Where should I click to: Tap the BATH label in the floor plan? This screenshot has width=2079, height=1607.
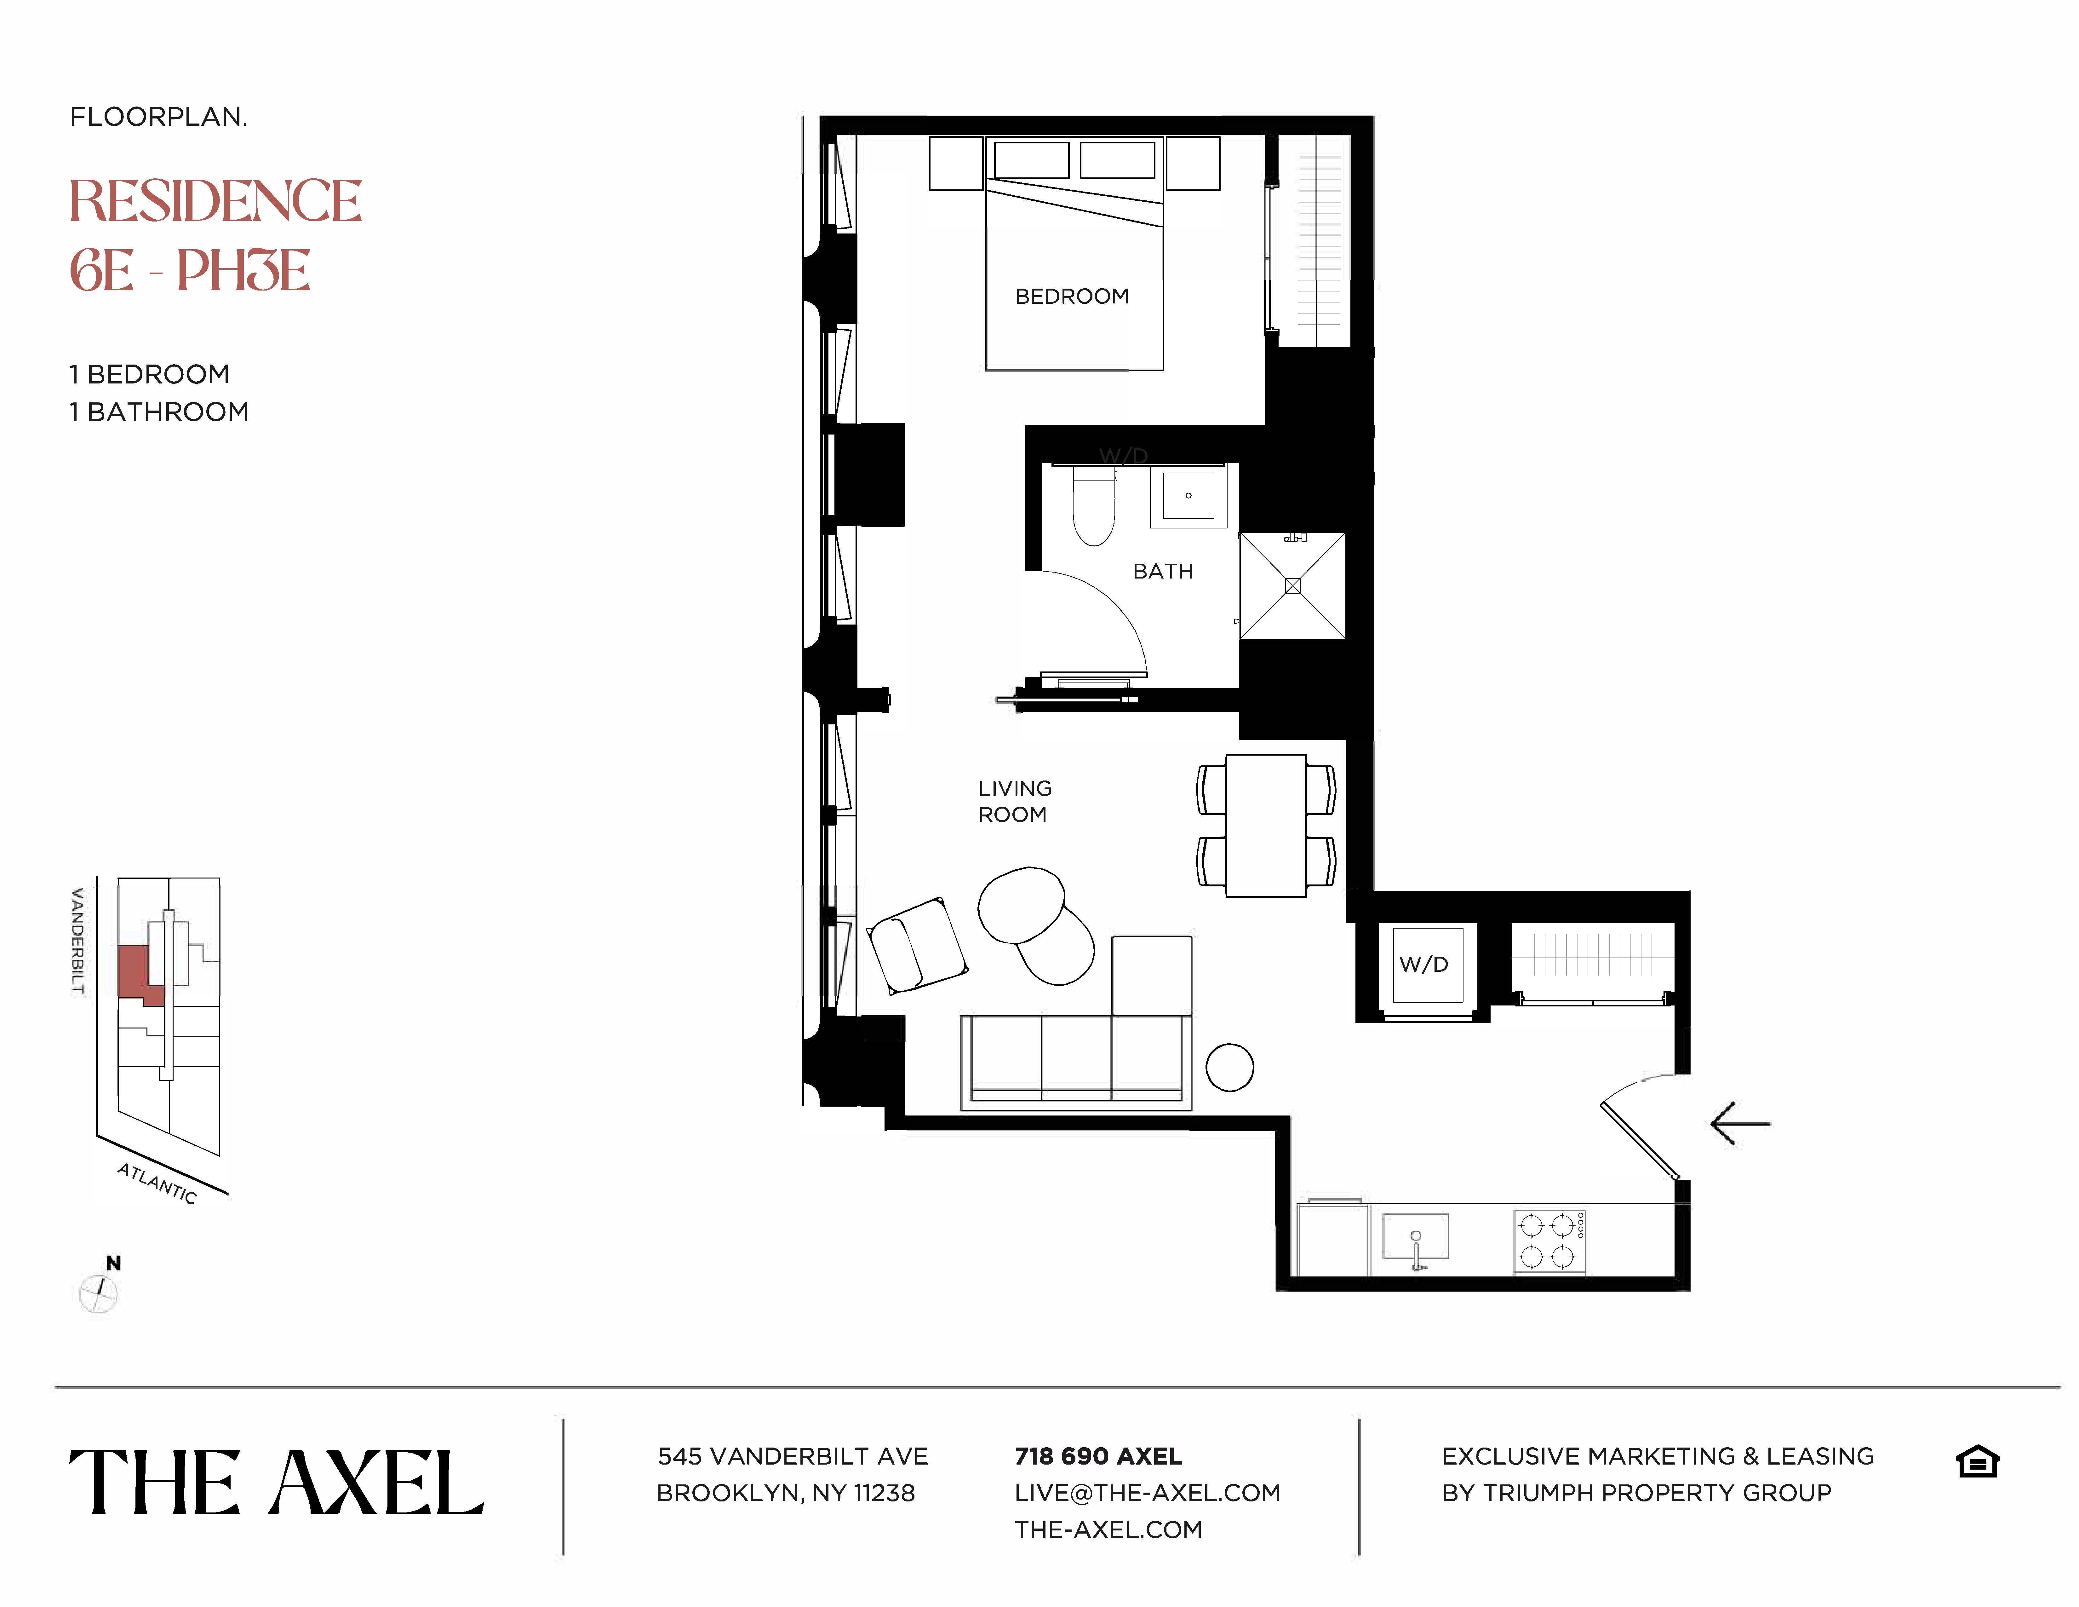click(x=1162, y=571)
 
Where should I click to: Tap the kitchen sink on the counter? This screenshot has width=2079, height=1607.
click(x=1416, y=1238)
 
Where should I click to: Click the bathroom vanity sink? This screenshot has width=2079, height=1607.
click(x=1188, y=495)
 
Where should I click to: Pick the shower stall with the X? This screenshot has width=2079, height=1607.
click(x=1292, y=585)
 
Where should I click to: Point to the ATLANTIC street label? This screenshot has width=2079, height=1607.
click(x=157, y=1184)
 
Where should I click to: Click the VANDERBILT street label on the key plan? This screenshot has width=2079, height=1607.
click(x=78, y=941)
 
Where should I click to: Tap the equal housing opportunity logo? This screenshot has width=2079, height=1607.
click(x=1977, y=1461)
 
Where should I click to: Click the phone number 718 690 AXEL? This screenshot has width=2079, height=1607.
click(x=1097, y=1457)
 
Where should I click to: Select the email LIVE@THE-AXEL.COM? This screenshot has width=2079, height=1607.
click(x=1147, y=1493)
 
